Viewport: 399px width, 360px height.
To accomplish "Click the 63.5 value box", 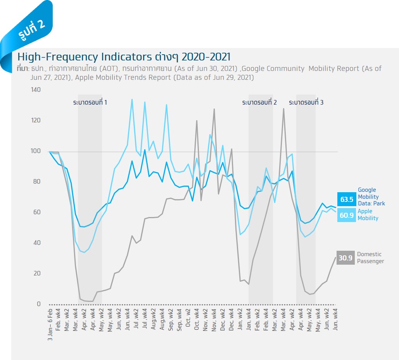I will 347,199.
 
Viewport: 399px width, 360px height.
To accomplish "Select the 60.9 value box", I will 347,215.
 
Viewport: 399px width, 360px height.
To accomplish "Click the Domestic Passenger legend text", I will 370,258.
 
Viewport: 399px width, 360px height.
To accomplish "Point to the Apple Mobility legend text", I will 368,215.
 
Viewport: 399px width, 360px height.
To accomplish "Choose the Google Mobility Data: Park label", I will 371,196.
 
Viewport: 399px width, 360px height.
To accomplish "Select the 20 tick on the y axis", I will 37,274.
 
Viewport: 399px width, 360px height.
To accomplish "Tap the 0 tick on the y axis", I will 38,304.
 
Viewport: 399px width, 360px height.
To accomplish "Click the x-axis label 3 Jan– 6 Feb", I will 50,324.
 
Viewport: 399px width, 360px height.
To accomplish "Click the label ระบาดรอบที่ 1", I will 90,103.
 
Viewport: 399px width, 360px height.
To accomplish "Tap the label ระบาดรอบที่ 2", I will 259,103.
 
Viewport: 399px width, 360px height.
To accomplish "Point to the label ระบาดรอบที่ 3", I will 306,103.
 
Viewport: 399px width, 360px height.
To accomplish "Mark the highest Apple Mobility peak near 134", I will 132,99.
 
